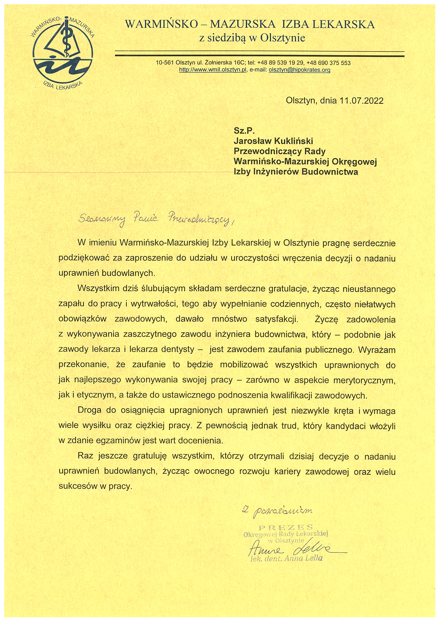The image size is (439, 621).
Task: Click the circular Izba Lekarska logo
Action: click(63, 53)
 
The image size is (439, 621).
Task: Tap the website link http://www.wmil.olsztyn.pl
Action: click(213, 70)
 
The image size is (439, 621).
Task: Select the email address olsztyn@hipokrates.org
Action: click(299, 70)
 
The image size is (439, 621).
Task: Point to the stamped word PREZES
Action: click(286, 527)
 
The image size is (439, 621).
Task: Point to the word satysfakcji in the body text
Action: click(277, 320)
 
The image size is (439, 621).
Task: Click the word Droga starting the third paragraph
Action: click(89, 410)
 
